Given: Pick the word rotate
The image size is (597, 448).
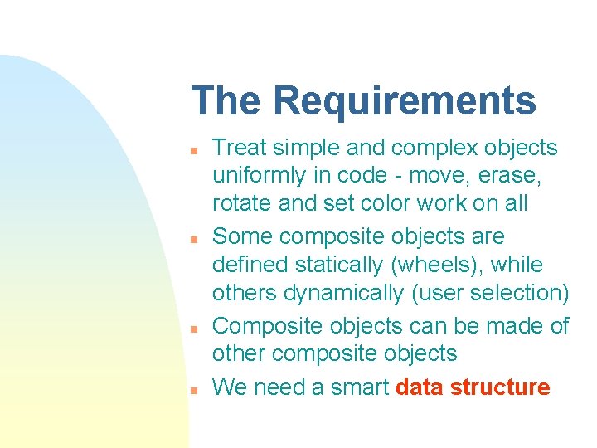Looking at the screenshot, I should coord(240,203).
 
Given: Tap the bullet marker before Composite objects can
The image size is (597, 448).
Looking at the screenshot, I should coord(192,329).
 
